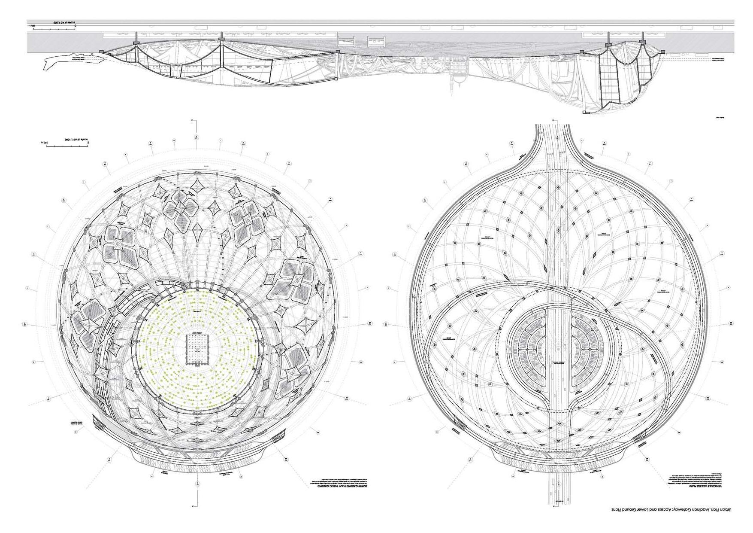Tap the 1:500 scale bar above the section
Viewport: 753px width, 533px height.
coord(54,27)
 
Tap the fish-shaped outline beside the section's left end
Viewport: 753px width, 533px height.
coord(73,63)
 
